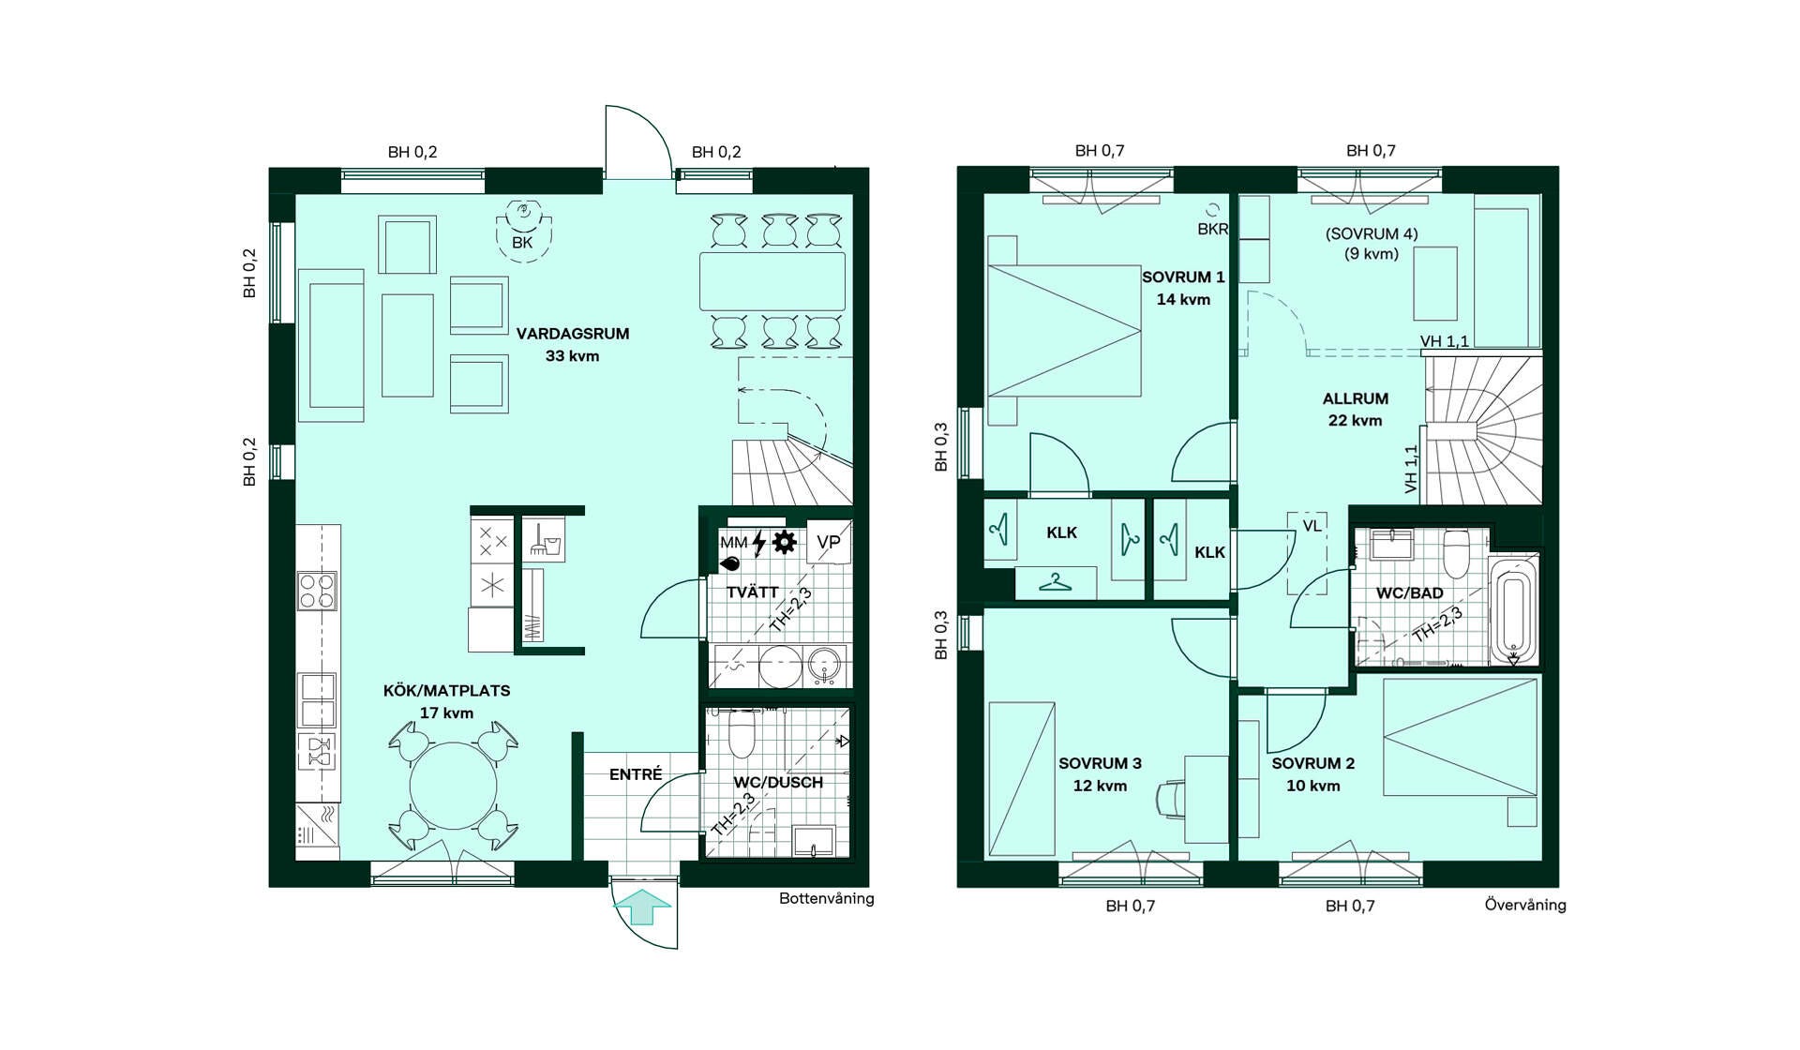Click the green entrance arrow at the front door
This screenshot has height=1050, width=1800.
pos(642,907)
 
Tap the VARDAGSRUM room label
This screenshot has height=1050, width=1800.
pos(573,334)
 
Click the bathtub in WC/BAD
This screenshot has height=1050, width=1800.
pos(1512,608)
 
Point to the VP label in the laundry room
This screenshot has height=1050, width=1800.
pos(828,542)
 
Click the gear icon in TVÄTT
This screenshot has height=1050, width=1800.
pos(784,542)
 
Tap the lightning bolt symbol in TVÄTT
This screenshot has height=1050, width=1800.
pos(758,543)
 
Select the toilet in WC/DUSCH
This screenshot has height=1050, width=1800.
pos(742,733)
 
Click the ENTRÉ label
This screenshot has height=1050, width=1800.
pos(636,774)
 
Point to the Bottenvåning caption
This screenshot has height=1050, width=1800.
pos(827,898)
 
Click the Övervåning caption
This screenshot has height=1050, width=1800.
pos(1525,905)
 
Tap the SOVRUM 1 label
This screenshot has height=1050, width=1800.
pos(1183,277)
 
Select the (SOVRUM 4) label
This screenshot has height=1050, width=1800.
pos(1372,233)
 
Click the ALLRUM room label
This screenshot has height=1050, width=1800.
pos(1356,398)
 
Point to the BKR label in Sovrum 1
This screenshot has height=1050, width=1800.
pos(1212,229)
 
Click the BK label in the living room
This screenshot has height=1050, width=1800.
pos(522,243)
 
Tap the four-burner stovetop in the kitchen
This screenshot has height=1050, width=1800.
pos(317,591)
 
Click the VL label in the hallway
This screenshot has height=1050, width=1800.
pos(1312,526)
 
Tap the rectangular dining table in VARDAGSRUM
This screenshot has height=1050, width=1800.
pos(772,281)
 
